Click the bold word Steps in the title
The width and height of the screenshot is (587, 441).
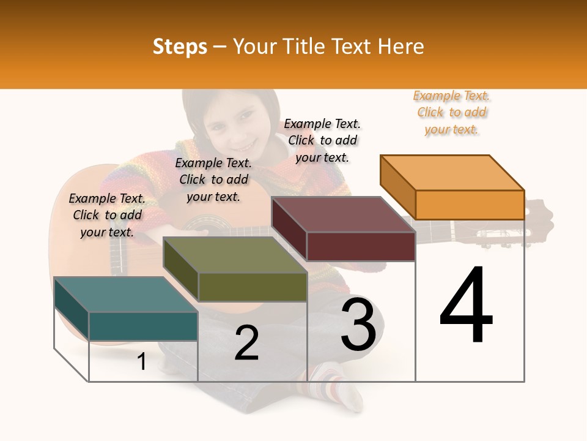[180, 47]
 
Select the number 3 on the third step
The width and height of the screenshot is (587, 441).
[358, 325]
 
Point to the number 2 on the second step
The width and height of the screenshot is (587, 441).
[246, 343]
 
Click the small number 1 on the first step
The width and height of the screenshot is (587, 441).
[142, 362]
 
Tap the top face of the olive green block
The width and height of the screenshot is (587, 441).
[235, 255]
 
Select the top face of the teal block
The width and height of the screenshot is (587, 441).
[126, 295]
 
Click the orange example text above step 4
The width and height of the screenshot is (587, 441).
[452, 113]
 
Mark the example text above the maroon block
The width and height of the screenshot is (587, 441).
[322, 140]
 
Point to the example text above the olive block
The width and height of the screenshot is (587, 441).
[213, 179]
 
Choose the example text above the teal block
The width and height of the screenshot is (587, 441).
[107, 215]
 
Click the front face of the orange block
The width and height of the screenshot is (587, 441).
[470, 205]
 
